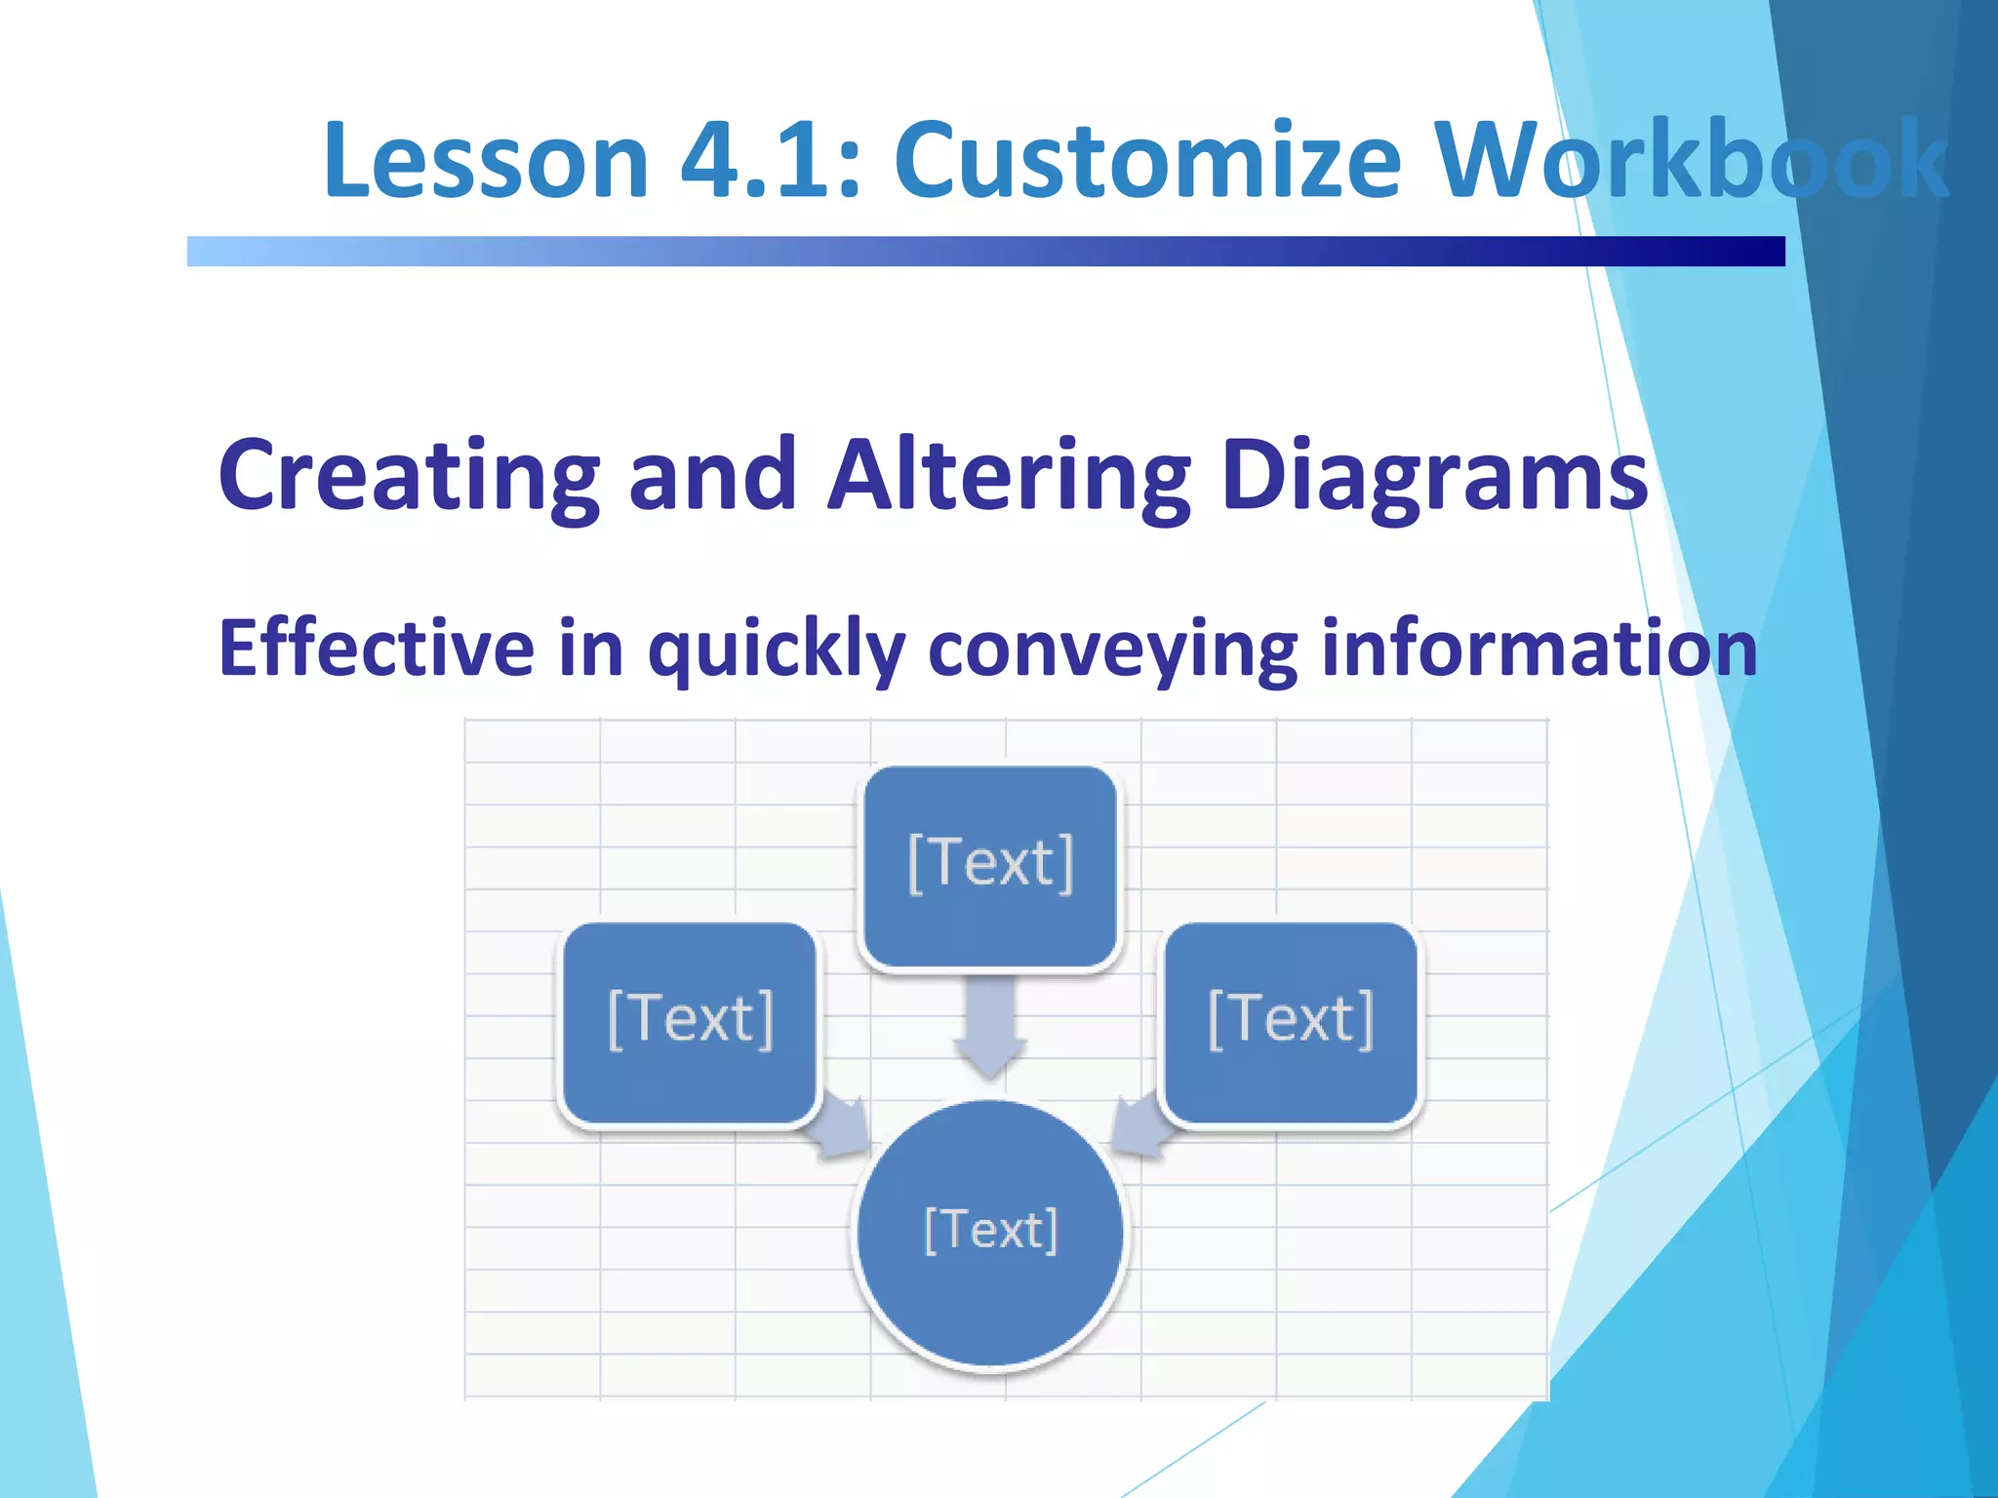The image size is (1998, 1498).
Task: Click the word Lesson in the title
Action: tap(485, 161)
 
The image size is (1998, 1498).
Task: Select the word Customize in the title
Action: tap(1147, 161)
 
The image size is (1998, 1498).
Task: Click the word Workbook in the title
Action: tap(1693, 161)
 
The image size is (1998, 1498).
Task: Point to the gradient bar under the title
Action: tap(985, 252)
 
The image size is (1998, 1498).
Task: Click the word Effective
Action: tap(377, 649)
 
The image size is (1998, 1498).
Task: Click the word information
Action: tap(1538, 649)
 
